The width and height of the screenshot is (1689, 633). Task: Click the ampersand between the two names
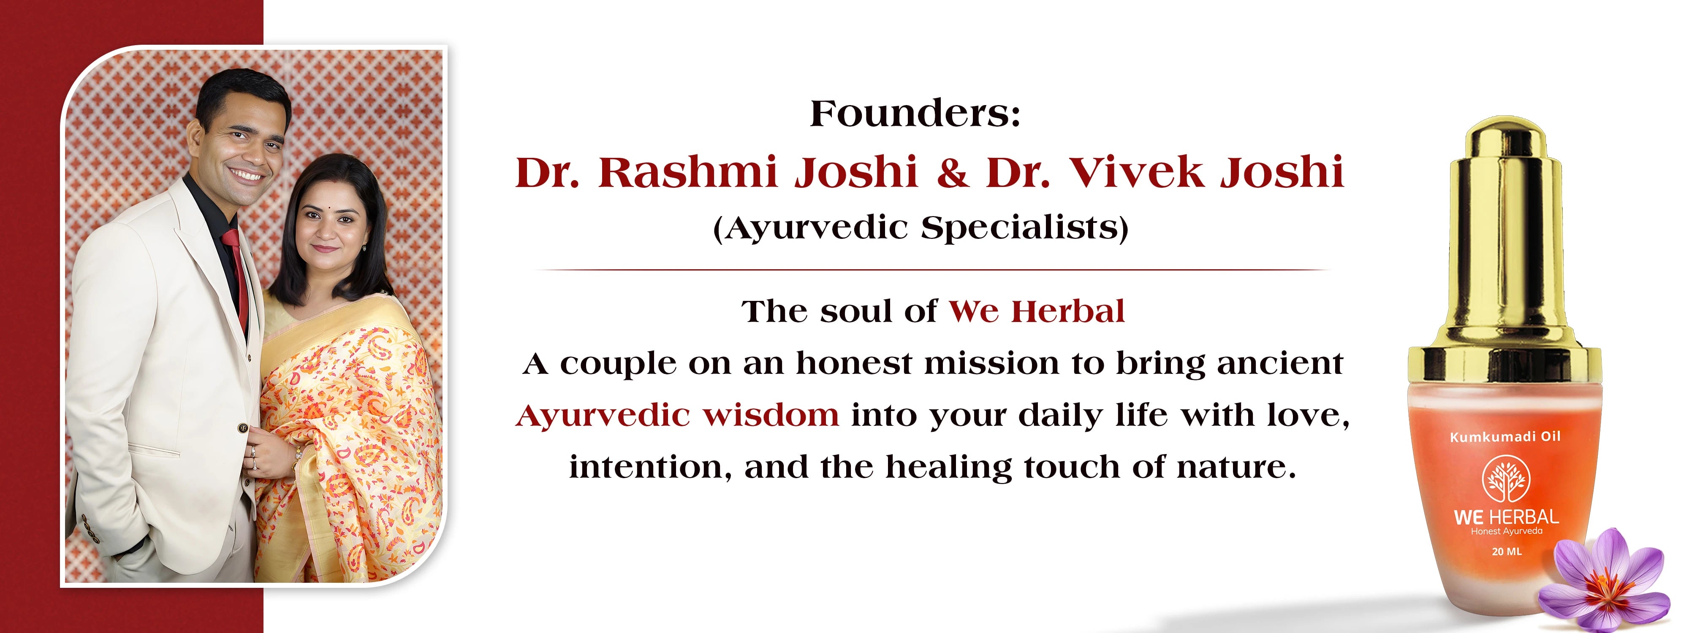(x=952, y=173)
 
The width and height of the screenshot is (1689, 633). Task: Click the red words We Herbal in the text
(x=1037, y=311)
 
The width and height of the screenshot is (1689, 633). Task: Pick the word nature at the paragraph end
(x=1236, y=467)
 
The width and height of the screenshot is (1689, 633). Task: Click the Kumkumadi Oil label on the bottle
(x=1505, y=436)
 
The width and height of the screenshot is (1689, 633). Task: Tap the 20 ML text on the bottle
(x=1507, y=552)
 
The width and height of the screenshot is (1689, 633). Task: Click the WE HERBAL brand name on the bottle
(x=1506, y=517)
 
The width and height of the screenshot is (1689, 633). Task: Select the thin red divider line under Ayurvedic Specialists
(x=932, y=269)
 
